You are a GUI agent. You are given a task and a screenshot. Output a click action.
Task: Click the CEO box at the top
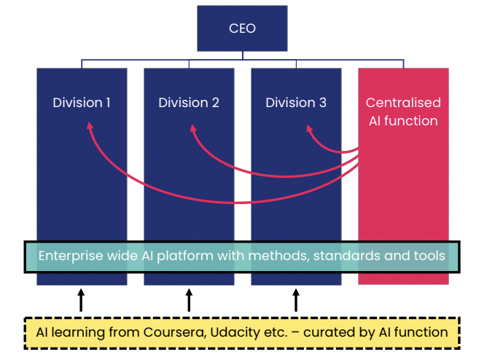click(x=241, y=29)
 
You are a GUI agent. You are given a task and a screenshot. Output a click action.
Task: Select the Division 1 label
click(x=82, y=103)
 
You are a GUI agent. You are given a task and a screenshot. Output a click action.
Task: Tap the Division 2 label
click(x=189, y=103)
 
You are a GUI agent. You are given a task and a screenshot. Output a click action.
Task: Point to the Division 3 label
click(x=296, y=103)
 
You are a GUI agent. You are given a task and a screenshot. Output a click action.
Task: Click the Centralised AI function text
click(x=403, y=111)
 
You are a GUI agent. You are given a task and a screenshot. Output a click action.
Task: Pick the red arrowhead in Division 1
click(x=90, y=127)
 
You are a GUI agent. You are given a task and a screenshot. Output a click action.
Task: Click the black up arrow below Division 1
click(x=82, y=300)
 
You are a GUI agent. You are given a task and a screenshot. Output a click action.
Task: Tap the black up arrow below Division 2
click(x=189, y=300)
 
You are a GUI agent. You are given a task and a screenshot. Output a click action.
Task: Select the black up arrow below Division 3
click(x=296, y=300)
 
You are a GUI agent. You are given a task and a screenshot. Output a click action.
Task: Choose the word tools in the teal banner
click(x=424, y=256)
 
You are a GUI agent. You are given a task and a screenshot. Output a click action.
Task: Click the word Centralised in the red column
click(x=403, y=103)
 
